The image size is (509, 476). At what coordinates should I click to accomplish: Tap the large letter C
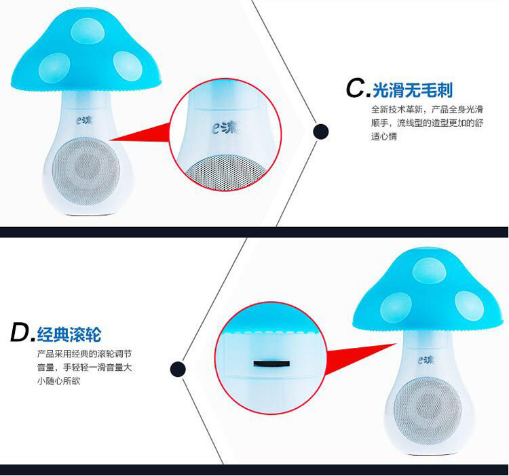(356, 88)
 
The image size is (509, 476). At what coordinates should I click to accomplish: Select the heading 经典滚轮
(69, 333)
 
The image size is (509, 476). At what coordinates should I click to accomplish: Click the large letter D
(20, 333)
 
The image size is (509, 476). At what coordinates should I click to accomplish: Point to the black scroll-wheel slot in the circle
(270, 363)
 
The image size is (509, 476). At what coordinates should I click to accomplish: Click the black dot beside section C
(320, 132)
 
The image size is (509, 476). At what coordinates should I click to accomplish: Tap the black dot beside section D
(178, 369)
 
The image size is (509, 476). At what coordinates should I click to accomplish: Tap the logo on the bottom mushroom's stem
(426, 360)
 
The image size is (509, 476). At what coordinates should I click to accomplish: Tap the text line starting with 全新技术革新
(426, 109)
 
